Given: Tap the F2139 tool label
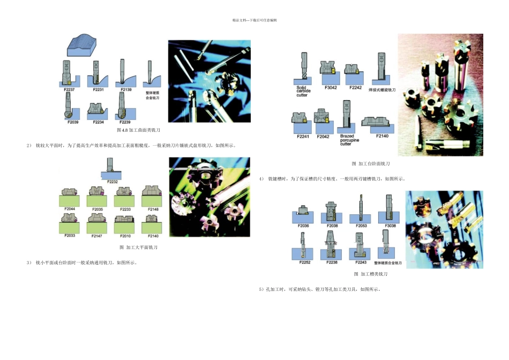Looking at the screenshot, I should pos(126,89).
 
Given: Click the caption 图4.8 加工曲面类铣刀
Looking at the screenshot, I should pos(138,130).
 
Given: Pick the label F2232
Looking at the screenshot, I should pos(112,181).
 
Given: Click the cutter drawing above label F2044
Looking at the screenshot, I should pos(70,192).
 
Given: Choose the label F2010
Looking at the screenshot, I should pos(125,235).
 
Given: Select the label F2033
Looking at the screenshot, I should pos(70,235).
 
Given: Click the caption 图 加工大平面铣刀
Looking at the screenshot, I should pos(138,247).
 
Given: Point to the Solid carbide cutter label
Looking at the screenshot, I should pos(304,91).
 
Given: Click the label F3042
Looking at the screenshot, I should pos(331,87).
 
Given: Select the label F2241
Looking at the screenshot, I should pos(304,136).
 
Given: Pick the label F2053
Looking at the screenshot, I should pos(362,226).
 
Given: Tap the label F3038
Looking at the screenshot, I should pos(389,226).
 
